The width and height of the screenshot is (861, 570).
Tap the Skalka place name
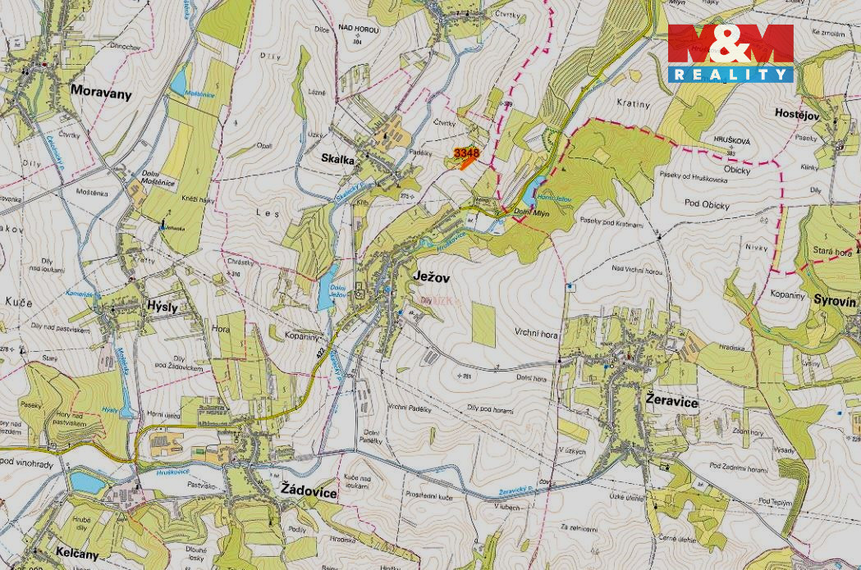(337, 160)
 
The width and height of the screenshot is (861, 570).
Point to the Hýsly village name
(162, 307)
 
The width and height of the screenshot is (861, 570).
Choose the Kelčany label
(77, 554)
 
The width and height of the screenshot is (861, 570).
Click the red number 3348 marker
(466, 153)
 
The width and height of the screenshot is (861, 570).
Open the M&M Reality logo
(730, 52)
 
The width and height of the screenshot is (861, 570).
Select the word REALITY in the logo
(730, 75)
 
